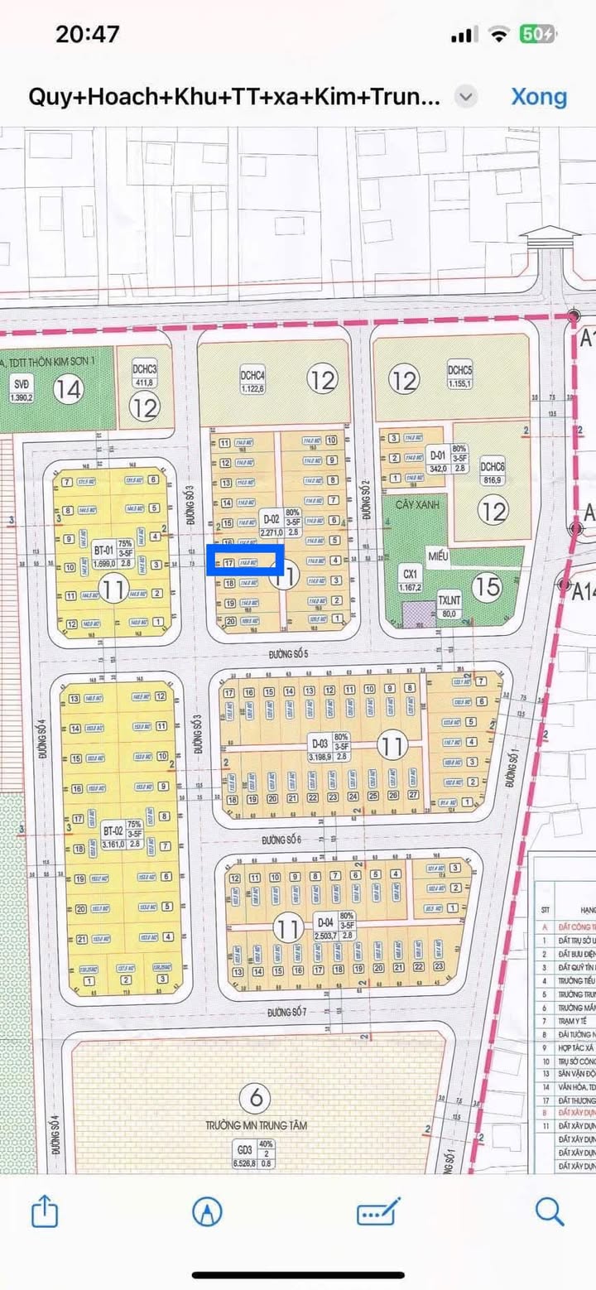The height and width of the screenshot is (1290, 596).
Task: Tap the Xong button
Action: (x=539, y=97)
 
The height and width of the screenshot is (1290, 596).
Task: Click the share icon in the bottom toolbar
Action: (x=45, y=1212)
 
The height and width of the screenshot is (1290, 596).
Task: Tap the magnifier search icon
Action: (x=550, y=1212)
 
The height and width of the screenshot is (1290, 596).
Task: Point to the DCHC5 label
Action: (x=459, y=370)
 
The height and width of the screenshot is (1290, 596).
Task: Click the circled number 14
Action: (x=70, y=388)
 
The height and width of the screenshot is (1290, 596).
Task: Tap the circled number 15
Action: (x=489, y=587)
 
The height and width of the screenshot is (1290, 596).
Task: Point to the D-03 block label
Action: (x=320, y=742)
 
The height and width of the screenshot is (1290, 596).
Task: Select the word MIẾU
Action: (x=437, y=556)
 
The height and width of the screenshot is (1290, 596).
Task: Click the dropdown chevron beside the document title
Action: (x=467, y=97)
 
